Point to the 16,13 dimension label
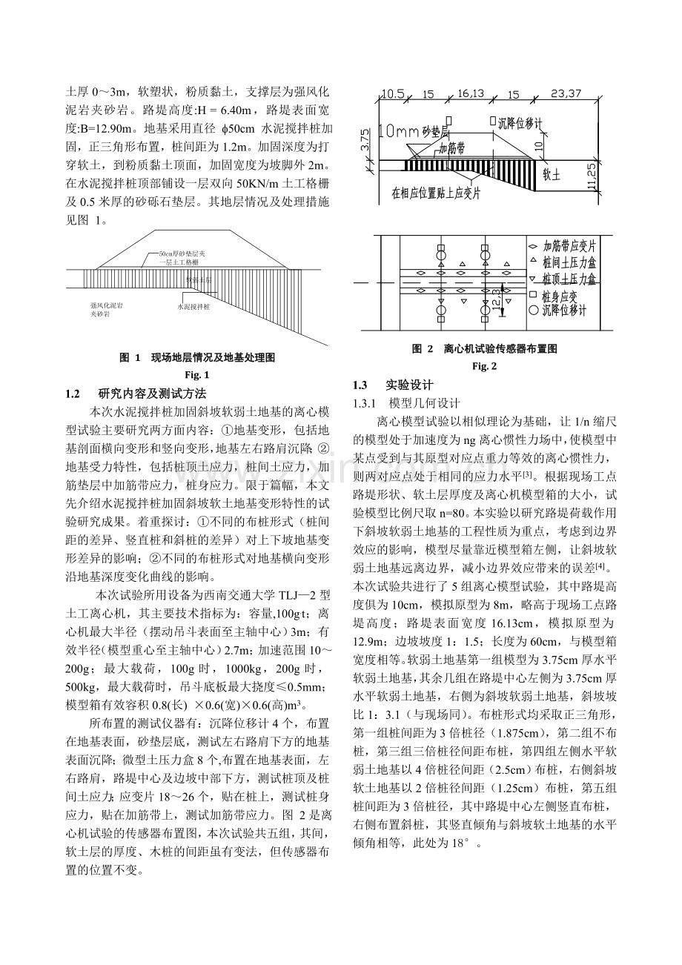pyautogui.click(x=467, y=94)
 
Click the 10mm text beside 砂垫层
pyautogui.click(x=399, y=130)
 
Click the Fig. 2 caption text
pyautogui.click(x=485, y=366)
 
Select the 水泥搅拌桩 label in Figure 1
pyautogui.click(x=194, y=305)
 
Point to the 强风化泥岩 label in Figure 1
pyautogui.click(x=107, y=305)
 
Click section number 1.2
pyautogui.click(x=73, y=393)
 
